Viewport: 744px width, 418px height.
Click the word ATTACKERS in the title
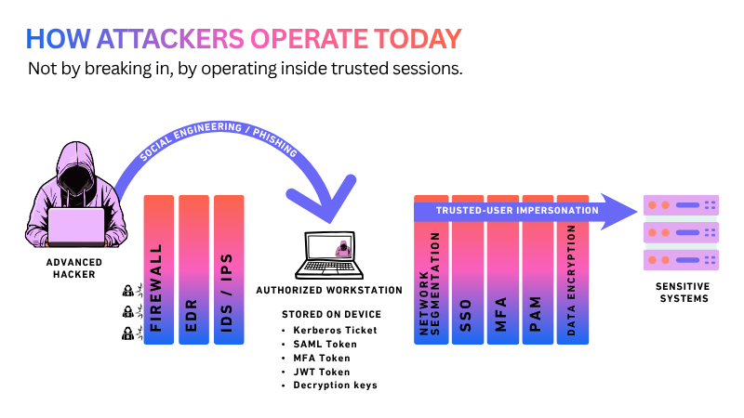[170, 39]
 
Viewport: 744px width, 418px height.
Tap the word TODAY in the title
[418, 39]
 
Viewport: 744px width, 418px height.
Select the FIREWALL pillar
[158, 269]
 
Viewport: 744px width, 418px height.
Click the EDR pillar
[193, 269]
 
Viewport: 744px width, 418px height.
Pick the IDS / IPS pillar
[229, 269]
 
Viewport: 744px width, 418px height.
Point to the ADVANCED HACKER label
[74, 268]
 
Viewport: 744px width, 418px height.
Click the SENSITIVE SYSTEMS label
[684, 293]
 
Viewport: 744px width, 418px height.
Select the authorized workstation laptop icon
[329, 255]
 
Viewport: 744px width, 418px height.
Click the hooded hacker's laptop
[76, 227]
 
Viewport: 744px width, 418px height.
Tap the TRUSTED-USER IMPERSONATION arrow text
[517, 211]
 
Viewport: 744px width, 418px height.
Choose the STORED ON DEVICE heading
[332, 314]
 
